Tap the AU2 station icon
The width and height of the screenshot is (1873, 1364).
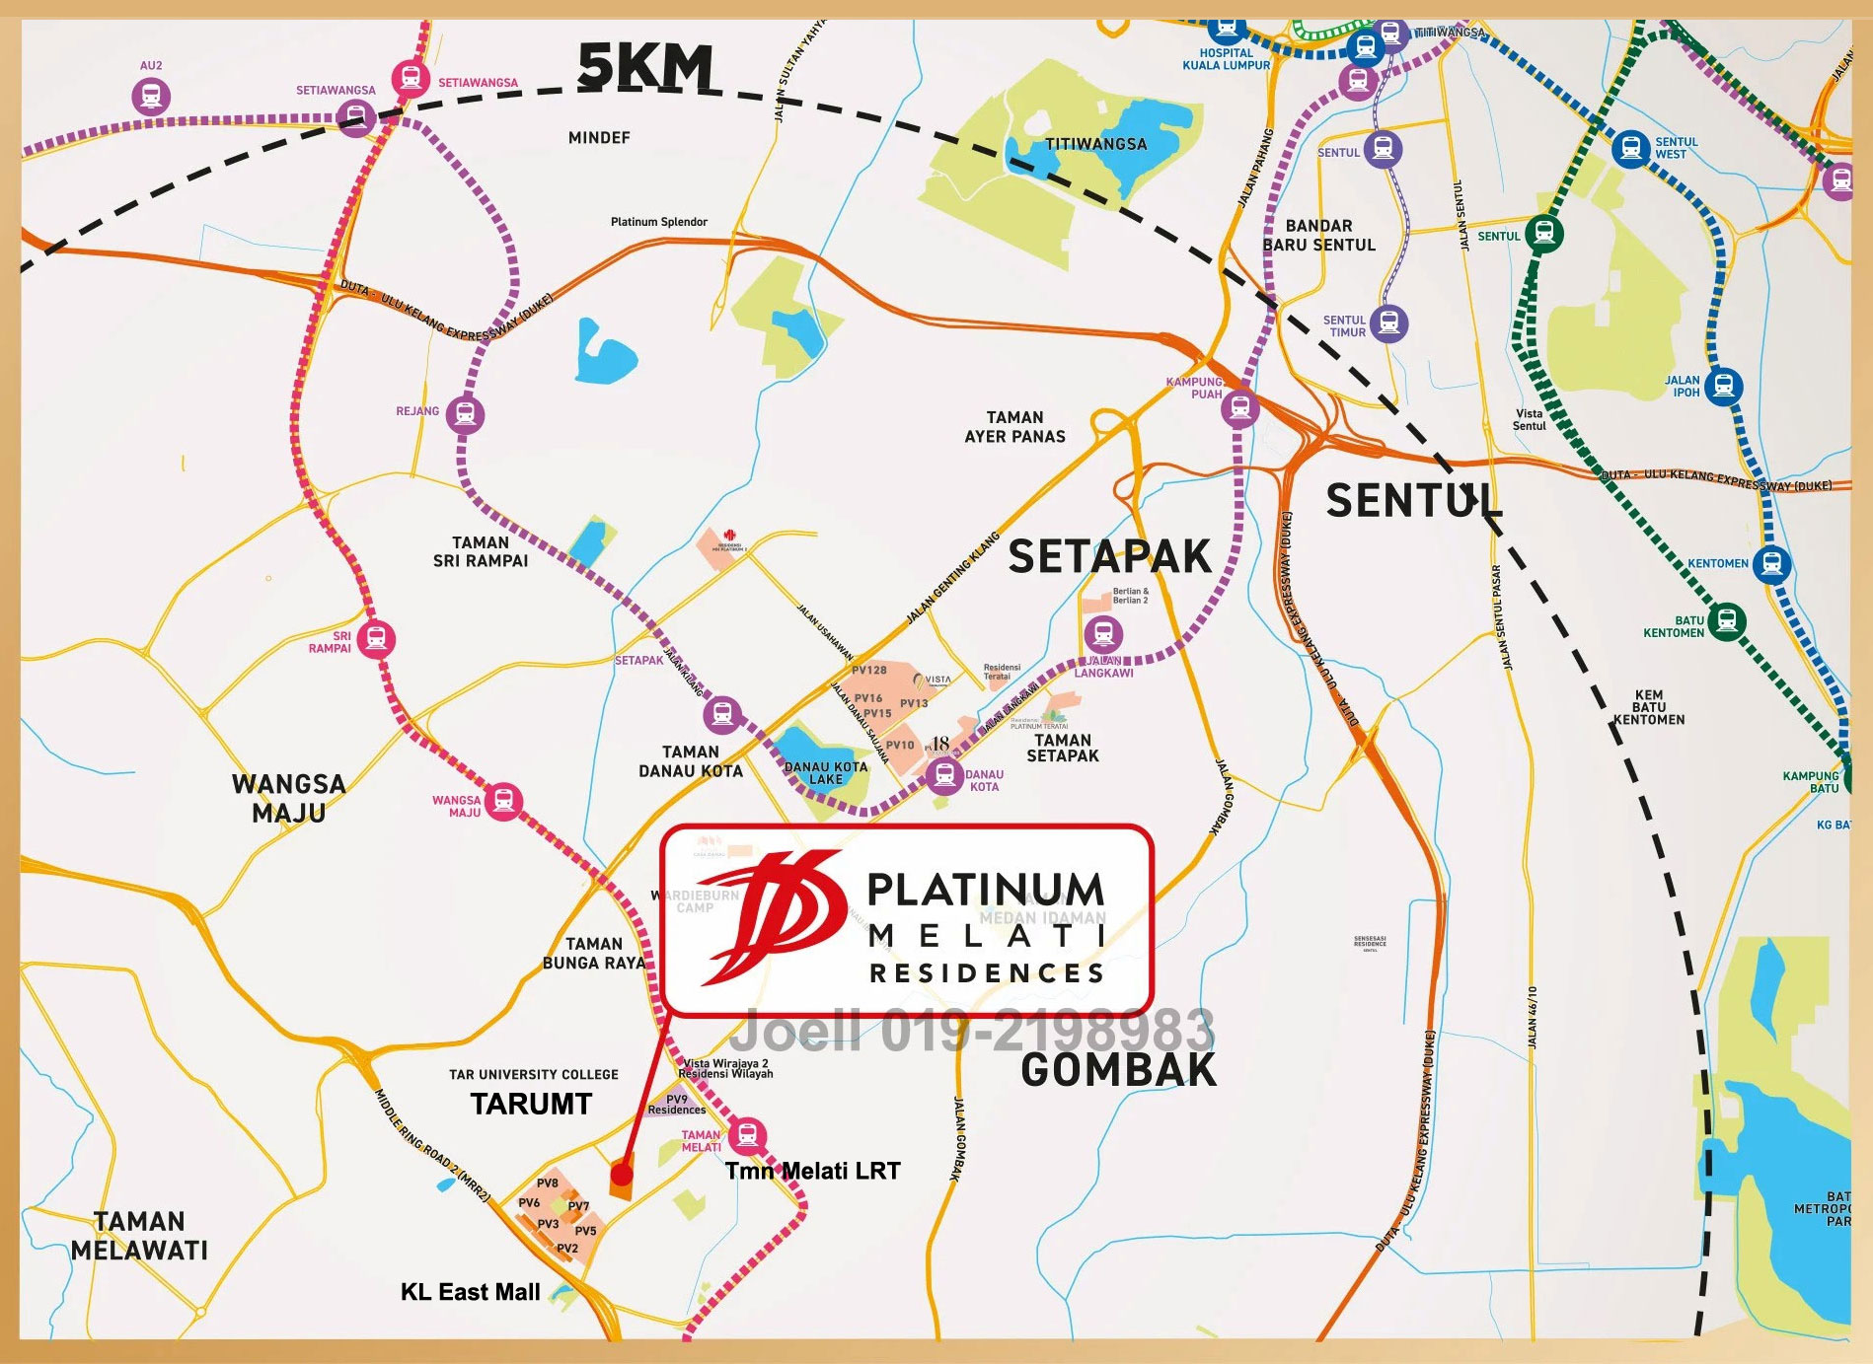[x=151, y=97]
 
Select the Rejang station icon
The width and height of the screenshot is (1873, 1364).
[x=465, y=413]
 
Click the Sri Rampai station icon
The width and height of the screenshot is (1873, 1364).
[x=375, y=639]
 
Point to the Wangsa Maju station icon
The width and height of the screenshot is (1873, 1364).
[x=504, y=801]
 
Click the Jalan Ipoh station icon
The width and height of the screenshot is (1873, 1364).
[x=1723, y=385]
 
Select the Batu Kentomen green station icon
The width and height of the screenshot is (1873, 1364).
[x=1726, y=620]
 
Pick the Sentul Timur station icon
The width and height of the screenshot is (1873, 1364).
[x=1389, y=322]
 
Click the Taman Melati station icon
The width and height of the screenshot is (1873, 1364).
[x=748, y=1135]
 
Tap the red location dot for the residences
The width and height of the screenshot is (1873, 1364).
[x=621, y=1175]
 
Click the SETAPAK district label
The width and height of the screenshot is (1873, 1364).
[x=1108, y=557]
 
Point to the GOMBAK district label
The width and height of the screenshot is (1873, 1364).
[x=1118, y=1071]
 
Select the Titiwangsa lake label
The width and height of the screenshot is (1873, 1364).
[x=1095, y=144]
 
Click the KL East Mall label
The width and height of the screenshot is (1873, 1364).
[x=471, y=1292]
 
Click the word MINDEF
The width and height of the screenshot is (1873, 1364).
[x=599, y=138]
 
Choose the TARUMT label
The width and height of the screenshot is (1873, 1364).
[x=531, y=1104]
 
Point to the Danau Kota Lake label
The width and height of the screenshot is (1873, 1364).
[x=826, y=772]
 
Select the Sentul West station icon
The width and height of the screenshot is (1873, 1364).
[x=1631, y=149]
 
